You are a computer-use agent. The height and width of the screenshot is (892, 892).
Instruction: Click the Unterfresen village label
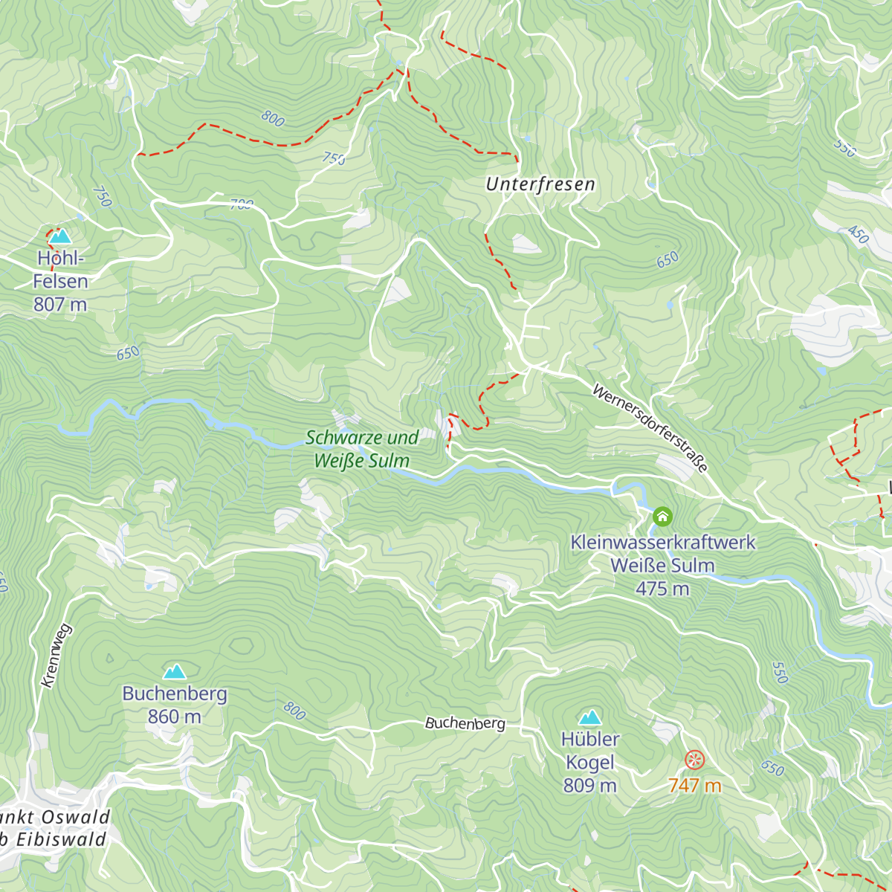point(540,184)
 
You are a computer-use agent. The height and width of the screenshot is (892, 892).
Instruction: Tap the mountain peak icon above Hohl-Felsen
point(60,236)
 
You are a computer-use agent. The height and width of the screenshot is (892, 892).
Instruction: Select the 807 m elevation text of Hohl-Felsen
point(60,304)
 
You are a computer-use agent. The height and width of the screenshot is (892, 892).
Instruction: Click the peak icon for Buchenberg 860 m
point(175,672)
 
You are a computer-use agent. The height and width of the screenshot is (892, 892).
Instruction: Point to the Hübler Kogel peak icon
point(590,717)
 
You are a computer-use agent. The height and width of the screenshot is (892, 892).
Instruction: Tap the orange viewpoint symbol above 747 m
point(694,759)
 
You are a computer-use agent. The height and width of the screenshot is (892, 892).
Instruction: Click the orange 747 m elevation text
point(694,785)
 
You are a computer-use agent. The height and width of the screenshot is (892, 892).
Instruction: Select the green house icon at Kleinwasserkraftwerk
point(662,516)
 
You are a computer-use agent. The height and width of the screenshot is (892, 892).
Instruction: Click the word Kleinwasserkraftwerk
point(662,543)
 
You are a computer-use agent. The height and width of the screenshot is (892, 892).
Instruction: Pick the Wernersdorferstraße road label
point(650,428)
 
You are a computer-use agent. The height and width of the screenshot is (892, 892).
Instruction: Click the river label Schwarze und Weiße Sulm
point(362,449)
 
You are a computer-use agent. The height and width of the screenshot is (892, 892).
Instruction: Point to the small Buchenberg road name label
point(465,723)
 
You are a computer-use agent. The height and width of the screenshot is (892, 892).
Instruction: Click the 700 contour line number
point(242,204)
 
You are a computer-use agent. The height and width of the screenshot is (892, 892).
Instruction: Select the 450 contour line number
point(858,235)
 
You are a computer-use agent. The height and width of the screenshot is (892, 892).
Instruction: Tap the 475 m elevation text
point(662,589)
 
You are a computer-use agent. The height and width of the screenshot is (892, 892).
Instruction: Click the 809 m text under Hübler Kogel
point(590,785)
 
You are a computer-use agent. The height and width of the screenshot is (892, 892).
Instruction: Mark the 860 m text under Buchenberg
point(175,717)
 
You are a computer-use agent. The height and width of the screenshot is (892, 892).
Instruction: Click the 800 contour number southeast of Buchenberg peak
point(294,711)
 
